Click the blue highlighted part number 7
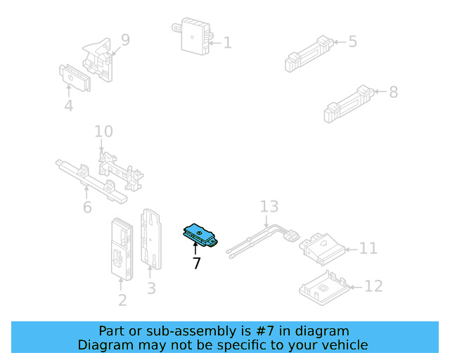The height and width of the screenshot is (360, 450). click(x=200, y=236)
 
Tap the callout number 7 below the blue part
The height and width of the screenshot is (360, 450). click(x=196, y=264)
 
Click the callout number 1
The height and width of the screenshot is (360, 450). click(x=226, y=43)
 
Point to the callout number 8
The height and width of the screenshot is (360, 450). click(x=393, y=91)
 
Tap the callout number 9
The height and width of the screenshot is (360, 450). click(x=125, y=39)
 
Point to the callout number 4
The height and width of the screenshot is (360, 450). click(x=68, y=106)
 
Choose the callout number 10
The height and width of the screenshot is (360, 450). click(x=103, y=131)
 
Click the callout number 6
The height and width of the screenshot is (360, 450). click(x=87, y=207)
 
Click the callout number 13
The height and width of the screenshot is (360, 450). click(x=269, y=207)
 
